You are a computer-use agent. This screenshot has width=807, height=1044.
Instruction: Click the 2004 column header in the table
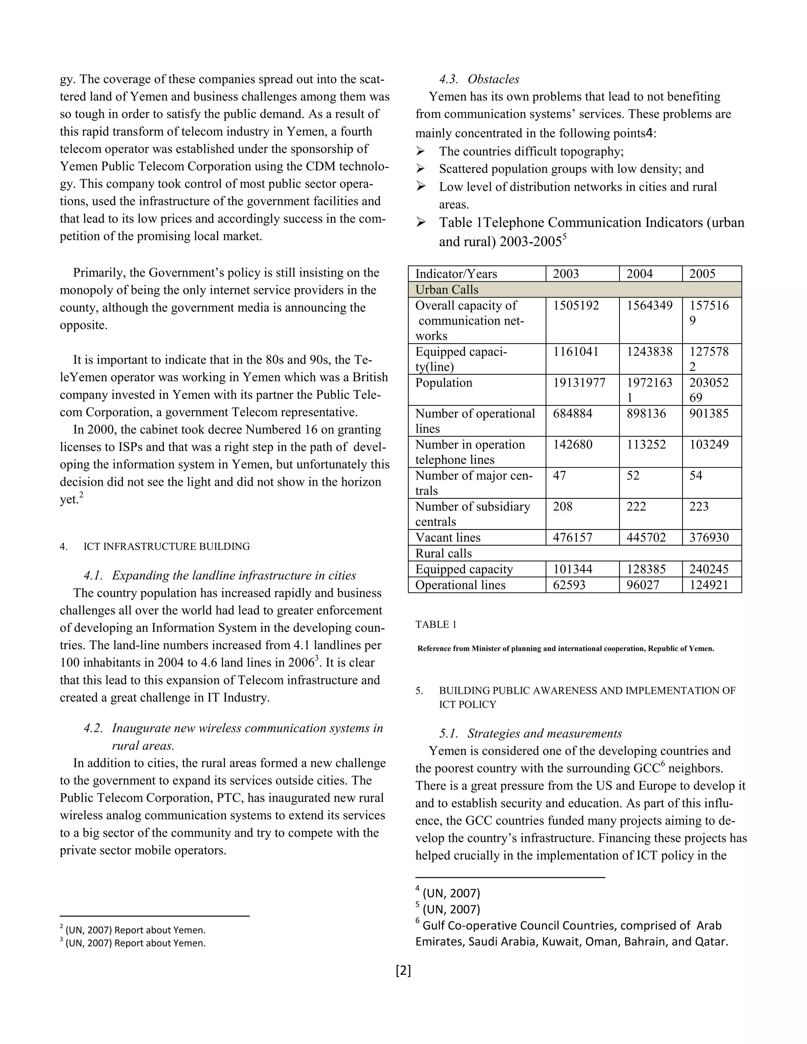click(x=639, y=274)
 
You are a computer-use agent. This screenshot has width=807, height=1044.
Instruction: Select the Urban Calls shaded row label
click(x=446, y=290)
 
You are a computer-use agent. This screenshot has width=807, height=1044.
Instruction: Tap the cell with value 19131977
click(x=579, y=383)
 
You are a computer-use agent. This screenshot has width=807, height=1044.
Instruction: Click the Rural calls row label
click(x=443, y=554)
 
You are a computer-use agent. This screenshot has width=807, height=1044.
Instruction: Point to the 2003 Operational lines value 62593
click(x=569, y=585)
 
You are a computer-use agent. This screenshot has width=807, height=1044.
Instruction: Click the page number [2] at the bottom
click(x=403, y=970)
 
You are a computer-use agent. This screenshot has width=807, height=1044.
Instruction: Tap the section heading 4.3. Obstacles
click(x=479, y=79)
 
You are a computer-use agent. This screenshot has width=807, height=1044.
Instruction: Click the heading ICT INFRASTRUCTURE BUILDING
click(x=166, y=546)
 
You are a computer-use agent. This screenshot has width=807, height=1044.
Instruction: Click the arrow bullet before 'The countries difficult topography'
click(x=420, y=152)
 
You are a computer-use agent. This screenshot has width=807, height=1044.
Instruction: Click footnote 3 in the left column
click(x=134, y=943)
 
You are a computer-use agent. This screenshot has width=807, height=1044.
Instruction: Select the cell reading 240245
click(x=708, y=569)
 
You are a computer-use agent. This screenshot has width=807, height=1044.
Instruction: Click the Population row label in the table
click(x=443, y=383)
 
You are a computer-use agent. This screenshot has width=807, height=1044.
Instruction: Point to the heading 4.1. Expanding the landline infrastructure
click(x=219, y=576)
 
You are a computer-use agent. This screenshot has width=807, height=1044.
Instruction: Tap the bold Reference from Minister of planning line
click(x=565, y=649)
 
